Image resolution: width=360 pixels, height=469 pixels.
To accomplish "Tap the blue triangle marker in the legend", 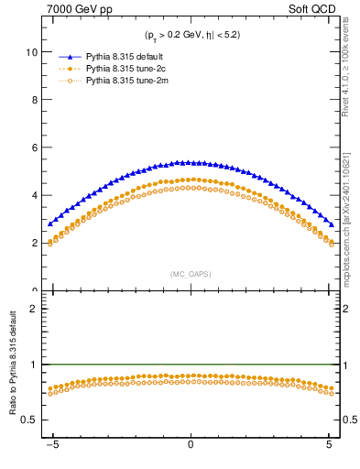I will point(65,57).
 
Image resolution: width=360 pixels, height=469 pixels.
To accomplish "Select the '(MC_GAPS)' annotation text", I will point(190,274).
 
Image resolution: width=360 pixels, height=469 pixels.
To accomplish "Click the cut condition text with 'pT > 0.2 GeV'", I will point(190,35).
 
